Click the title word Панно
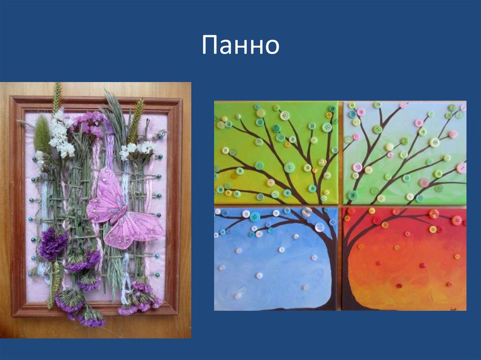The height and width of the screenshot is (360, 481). click(x=240, y=45)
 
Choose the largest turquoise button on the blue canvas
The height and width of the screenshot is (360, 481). click(x=255, y=216)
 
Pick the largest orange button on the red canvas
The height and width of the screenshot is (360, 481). click(x=434, y=214)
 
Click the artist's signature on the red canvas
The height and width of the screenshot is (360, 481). click(x=453, y=304)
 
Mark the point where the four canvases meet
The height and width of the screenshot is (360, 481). click(x=340, y=206)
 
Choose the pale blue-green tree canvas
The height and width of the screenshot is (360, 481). click(x=404, y=153)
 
